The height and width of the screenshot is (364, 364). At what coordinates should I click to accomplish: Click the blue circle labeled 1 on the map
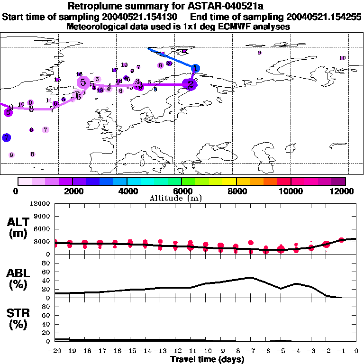click(195, 69)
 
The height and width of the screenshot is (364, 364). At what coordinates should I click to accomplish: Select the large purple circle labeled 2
click(191, 84)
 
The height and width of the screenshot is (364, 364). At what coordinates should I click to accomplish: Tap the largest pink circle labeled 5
click(83, 82)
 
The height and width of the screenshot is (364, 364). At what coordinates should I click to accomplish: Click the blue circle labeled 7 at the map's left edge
click(6, 137)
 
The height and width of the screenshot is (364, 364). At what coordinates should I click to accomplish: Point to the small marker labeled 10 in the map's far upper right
click(343, 58)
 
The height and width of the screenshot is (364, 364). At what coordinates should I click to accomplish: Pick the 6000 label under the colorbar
click(182, 191)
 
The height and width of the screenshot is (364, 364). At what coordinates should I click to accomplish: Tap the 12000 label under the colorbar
click(344, 191)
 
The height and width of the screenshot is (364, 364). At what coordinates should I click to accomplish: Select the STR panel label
click(18, 319)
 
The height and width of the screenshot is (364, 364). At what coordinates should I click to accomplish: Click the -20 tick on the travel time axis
click(55, 351)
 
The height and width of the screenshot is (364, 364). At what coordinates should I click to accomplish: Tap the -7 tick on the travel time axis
click(250, 351)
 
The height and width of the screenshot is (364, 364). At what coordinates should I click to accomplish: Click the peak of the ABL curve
click(250, 277)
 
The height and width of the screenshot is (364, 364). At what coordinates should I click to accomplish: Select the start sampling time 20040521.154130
click(140, 17)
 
